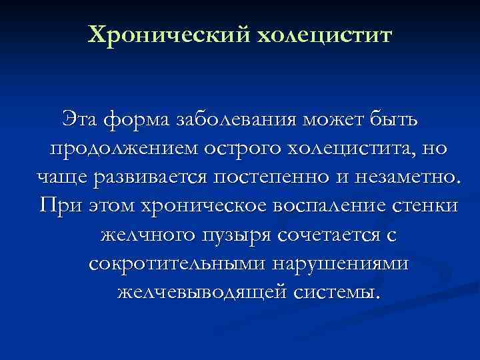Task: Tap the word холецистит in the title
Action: tap(321, 34)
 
